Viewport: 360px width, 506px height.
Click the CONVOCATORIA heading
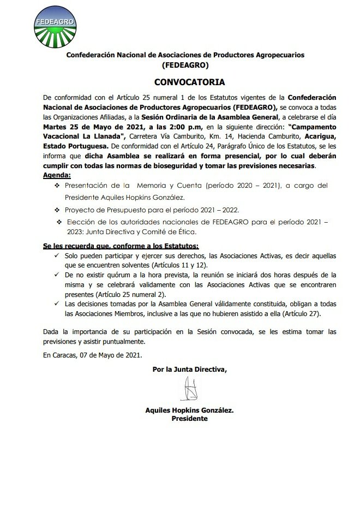[189, 82]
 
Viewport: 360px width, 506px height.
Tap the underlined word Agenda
[56, 176]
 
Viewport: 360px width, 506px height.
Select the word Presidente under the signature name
[189, 418]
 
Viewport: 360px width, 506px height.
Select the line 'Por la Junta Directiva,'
[189, 370]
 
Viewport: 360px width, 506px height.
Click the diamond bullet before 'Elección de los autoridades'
[59, 222]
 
